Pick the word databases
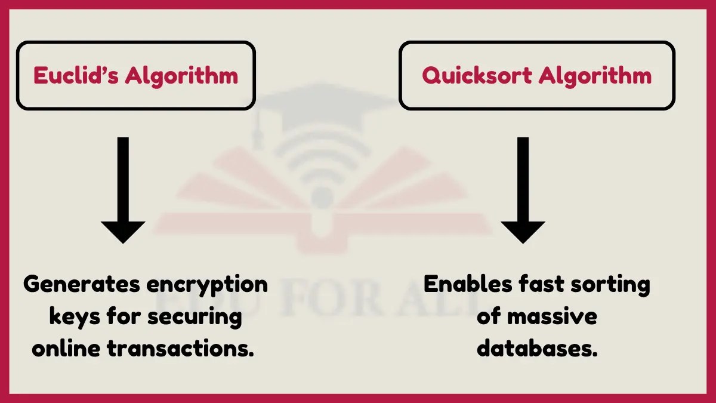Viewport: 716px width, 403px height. (x=537, y=349)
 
